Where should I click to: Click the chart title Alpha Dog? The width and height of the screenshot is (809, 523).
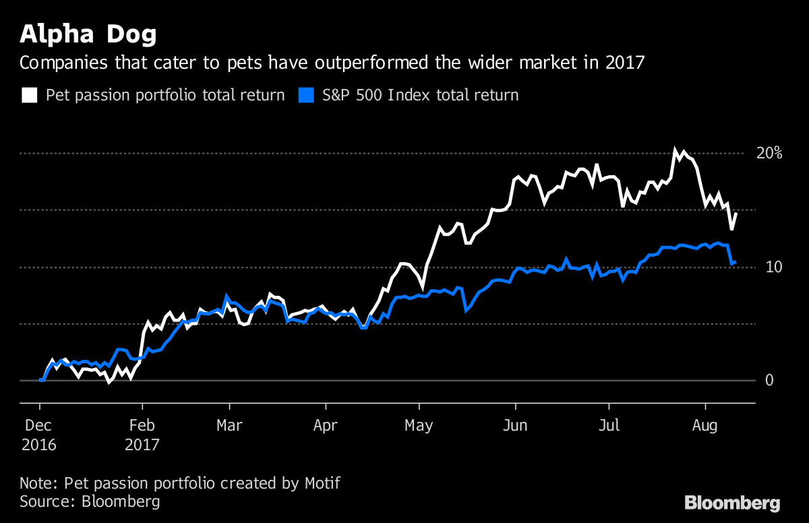coord(89,34)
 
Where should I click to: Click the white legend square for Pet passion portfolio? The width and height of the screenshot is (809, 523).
coord(29,95)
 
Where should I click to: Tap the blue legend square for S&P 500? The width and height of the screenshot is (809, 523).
coord(306,95)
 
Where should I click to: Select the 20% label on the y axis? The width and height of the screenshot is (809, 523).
coord(769,153)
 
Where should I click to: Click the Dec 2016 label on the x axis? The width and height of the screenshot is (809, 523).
coord(38,435)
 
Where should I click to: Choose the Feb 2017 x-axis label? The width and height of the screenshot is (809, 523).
coord(142,435)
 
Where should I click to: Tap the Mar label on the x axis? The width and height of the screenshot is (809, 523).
coord(230,426)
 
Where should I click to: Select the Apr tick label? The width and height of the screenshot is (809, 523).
coord(326,426)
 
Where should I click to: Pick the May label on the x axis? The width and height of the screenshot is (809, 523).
coord(420,426)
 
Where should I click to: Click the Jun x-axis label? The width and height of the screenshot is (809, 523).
coord(516,426)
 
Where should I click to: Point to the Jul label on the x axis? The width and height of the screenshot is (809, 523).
coord(609,426)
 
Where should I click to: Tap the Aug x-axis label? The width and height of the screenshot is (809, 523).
coord(705,426)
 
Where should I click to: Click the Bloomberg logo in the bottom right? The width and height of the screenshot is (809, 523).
coord(732,503)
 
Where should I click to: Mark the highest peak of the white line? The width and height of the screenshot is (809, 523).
coord(675,149)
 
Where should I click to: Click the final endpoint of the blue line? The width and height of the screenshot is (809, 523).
coord(735,262)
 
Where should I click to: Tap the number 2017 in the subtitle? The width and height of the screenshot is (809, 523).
coord(624,63)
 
